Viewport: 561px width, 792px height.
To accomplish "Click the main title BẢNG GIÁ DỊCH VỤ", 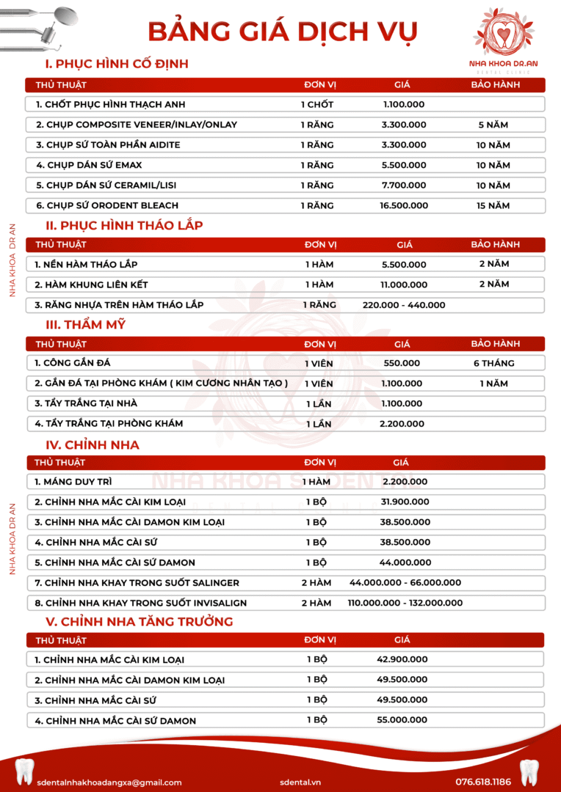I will click(283, 31).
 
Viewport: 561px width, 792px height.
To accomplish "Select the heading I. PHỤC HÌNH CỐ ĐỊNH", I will click(117, 64).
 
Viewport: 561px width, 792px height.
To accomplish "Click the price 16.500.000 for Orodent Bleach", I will click(404, 205).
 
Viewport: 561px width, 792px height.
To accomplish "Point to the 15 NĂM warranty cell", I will click(493, 205).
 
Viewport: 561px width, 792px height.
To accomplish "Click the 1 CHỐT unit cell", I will click(317, 105).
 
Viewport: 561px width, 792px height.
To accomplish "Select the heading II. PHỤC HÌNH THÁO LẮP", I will click(124, 225).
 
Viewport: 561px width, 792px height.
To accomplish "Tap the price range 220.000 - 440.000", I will click(404, 304).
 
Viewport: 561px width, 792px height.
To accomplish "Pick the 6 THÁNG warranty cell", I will click(494, 363).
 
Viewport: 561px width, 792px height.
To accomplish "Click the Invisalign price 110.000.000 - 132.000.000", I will click(405, 603).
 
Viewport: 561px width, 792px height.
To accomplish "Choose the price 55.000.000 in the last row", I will click(402, 720).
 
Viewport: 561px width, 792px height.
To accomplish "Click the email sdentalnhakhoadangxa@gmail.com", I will click(109, 782).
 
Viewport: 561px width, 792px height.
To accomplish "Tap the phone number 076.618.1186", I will click(483, 782).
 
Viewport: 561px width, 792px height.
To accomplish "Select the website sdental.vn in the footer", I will click(300, 782).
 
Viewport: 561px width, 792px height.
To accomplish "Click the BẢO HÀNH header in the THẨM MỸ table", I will click(496, 343).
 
